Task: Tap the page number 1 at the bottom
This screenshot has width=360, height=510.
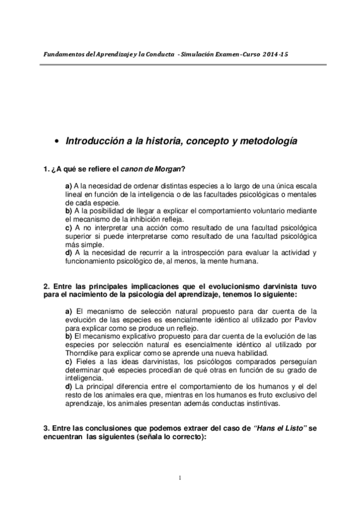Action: [180, 478]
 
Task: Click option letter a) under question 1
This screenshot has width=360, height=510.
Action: [69, 186]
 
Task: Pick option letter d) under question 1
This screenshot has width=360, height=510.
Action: [69, 253]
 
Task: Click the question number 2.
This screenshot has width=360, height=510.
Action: [46, 286]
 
